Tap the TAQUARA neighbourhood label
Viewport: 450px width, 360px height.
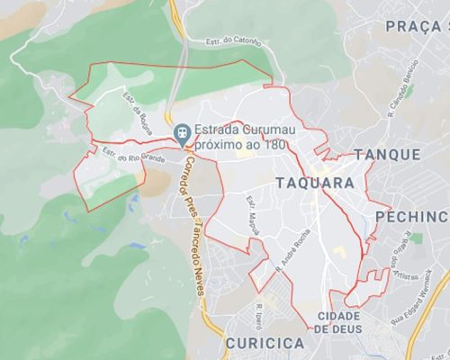[314, 183]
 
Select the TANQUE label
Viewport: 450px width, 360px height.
[387, 155]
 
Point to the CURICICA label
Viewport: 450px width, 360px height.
[265, 344]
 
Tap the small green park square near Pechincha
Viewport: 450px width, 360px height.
[416, 238]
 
